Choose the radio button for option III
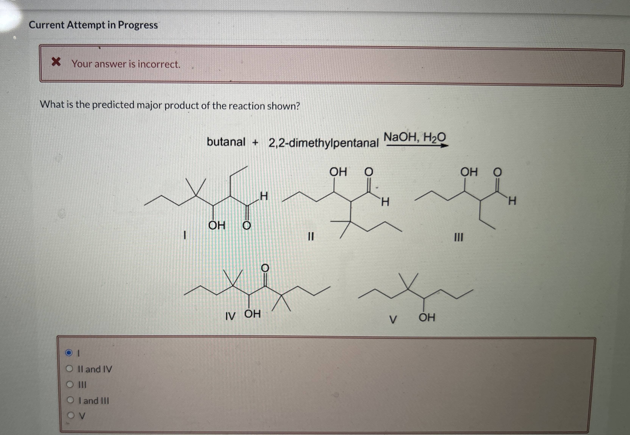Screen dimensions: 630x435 [70, 385]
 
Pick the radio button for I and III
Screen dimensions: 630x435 [71, 400]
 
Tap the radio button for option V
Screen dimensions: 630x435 [71, 415]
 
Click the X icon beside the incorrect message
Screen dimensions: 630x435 [56, 62]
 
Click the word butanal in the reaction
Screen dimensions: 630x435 [226, 142]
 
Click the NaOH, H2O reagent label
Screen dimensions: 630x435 [414, 137]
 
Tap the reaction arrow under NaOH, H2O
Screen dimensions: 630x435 [417, 146]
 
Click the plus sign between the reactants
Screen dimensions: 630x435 [255, 142]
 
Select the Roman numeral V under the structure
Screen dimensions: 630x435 [393, 319]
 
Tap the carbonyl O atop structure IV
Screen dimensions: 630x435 [265, 268]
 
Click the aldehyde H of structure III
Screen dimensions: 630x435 [512, 201]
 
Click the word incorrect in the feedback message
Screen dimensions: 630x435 [159, 64]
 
